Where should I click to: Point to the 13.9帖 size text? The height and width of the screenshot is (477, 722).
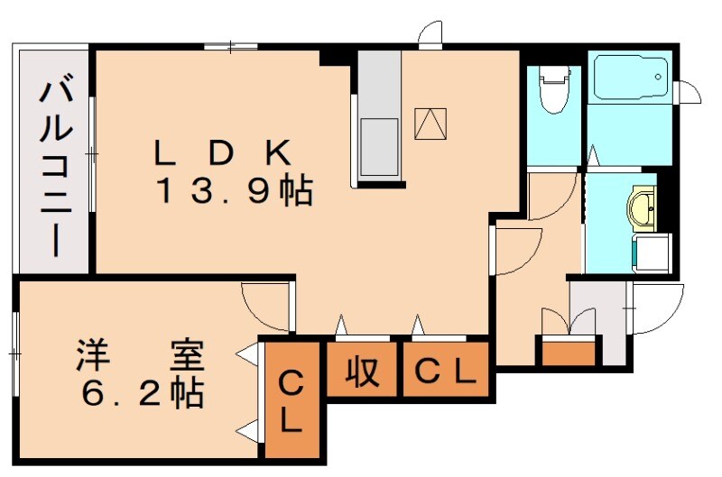coord(234,191)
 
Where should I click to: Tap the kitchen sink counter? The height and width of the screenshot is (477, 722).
coord(379,117)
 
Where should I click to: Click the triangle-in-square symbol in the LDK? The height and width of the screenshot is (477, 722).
coord(430,123)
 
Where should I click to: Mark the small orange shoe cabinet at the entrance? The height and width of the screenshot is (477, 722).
coord(569,352)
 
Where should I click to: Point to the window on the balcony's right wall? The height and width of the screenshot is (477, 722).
coord(92,154)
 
